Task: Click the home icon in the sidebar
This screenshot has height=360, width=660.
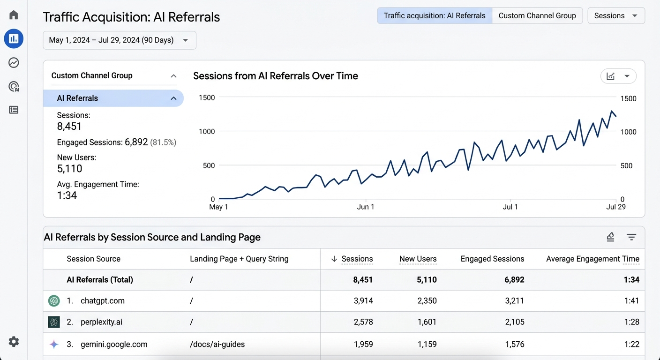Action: (14, 15)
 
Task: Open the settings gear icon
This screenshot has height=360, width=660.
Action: (14, 342)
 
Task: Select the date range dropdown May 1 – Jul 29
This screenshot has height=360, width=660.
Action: (119, 40)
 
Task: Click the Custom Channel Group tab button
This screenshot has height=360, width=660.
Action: (537, 15)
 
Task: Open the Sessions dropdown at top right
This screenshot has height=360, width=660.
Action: (615, 15)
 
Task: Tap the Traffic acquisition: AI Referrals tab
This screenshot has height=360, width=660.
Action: (434, 15)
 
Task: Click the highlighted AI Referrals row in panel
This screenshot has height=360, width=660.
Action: (113, 98)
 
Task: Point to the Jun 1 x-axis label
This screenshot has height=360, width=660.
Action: (366, 207)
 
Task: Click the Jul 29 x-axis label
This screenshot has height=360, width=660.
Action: (615, 207)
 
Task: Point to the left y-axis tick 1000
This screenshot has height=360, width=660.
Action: (207, 132)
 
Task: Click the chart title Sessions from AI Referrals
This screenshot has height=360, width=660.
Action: (275, 76)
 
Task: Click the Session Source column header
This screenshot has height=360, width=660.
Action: (93, 259)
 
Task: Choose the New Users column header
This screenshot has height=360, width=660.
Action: (418, 259)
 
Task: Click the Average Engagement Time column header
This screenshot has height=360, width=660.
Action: (592, 259)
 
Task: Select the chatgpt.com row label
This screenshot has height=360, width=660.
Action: (102, 301)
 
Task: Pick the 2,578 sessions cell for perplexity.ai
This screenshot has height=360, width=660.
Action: (363, 322)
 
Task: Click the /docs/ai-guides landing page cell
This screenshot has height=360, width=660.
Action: (217, 345)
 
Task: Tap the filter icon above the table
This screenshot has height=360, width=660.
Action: (631, 237)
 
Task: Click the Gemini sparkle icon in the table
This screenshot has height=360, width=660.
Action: (54, 345)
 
